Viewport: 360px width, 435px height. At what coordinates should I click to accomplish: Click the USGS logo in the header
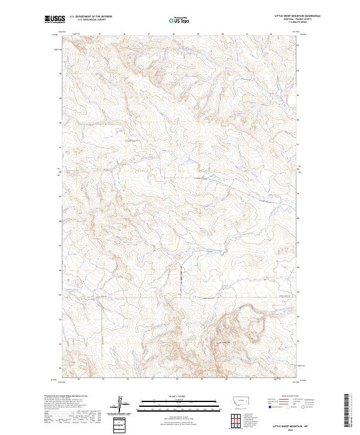tap(53, 19)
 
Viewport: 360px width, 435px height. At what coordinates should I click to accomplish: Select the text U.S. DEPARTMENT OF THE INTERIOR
tap(91, 17)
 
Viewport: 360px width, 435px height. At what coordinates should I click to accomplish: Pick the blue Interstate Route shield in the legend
tap(268, 406)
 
